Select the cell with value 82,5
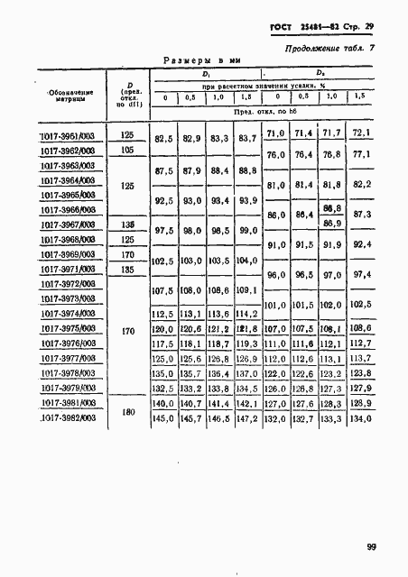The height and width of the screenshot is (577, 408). click(163, 141)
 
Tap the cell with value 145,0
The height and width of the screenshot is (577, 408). click(163, 419)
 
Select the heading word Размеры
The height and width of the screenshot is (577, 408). click(190, 60)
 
